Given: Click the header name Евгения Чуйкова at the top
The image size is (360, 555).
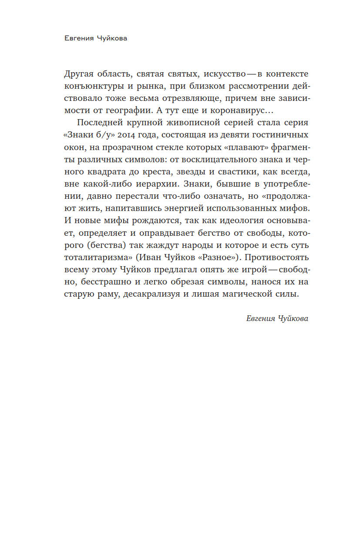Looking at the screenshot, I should (95, 38).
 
